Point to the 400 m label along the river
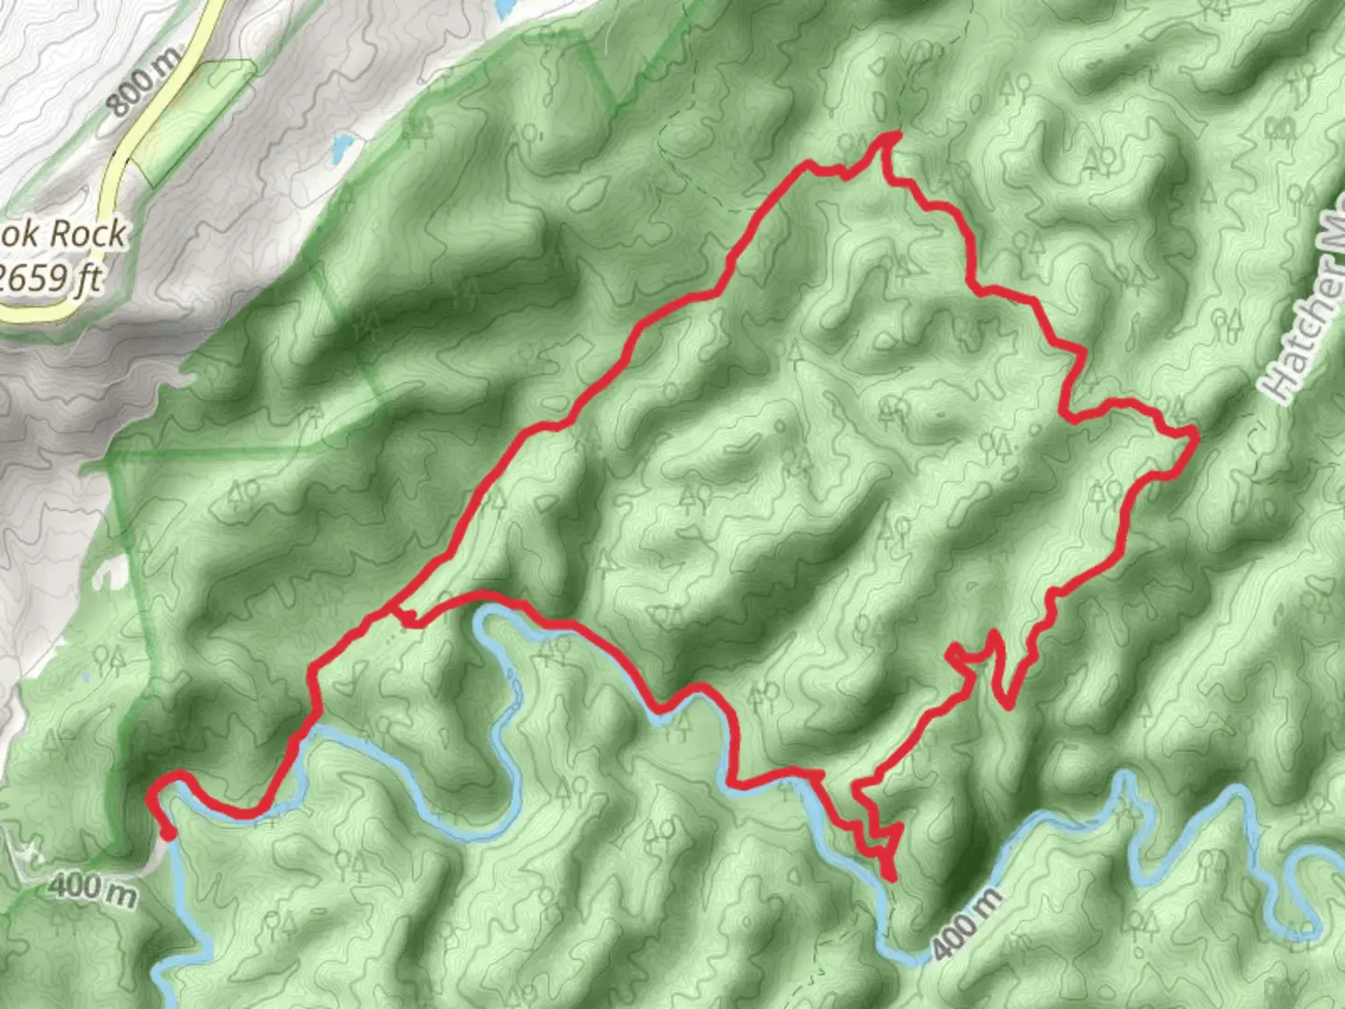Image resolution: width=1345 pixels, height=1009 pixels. pyautogui.click(x=967, y=923)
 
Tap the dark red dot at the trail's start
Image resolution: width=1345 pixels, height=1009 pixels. pyautogui.click(x=168, y=833)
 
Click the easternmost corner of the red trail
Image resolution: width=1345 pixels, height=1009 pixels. pyautogui.click(x=1195, y=433)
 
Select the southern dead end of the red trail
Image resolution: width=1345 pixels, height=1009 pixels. pyautogui.click(x=892, y=877)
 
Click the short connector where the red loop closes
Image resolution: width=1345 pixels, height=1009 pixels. pyautogui.click(x=404, y=616)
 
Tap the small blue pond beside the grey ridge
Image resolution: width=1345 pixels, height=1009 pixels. pyautogui.click(x=342, y=145)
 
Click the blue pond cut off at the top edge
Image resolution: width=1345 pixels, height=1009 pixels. pyautogui.click(x=504, y=7)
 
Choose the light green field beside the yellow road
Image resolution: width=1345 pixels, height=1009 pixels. pyautogui.click(x=191, y=117)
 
